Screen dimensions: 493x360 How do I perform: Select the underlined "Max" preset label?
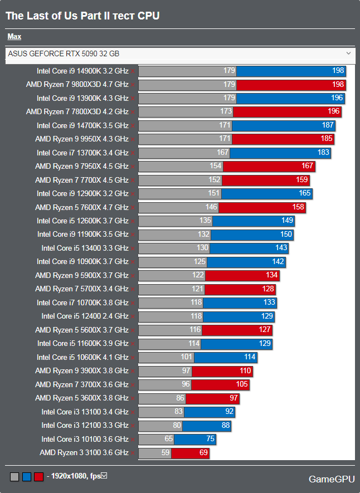click(x=14, y=37)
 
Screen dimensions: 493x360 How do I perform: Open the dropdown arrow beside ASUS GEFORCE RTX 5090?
click(x=348, y=53)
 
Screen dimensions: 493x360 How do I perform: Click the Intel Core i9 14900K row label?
click(x=82, y=71)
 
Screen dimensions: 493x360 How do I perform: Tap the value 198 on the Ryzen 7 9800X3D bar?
click(x=338, y=85)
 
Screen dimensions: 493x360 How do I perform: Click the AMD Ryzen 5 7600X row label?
click(x=81, y=207)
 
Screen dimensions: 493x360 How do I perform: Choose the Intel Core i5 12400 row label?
click(x=85, y=316)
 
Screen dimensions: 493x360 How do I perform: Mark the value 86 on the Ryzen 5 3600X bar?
click(x=179, y=398)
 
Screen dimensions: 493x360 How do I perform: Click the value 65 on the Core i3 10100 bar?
click(x=169, y=439)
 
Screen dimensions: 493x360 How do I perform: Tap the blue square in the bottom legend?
click(x=26, y=477)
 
